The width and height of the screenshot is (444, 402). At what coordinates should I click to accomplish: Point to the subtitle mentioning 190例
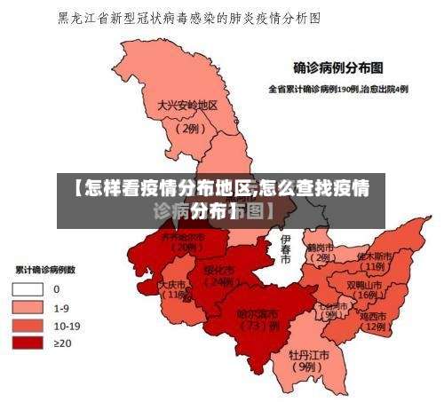[x=338, y=89]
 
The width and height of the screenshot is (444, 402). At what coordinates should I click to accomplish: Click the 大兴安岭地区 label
[x=187, y=105]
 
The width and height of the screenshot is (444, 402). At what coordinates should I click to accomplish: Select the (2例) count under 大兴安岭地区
[x=188, y=128]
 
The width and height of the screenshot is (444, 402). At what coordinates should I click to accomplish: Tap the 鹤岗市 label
[x=320, y=247]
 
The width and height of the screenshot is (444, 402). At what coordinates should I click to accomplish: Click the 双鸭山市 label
[x=366, y=285]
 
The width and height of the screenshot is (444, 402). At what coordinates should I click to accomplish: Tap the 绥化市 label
[x=218, y=270]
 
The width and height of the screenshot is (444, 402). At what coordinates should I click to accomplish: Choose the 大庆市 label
[x=173, y=285]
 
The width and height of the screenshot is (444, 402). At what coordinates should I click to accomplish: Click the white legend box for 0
[x=29, y=288]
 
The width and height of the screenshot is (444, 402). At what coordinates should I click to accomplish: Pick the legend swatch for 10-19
[x=29, y=324]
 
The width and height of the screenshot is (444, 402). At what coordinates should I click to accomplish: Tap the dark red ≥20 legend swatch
[x=29, y=342]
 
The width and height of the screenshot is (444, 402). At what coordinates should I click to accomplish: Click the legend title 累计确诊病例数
[x=44, y=269]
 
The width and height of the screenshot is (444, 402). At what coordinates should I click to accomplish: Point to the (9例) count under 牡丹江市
[x=307, y=366]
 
